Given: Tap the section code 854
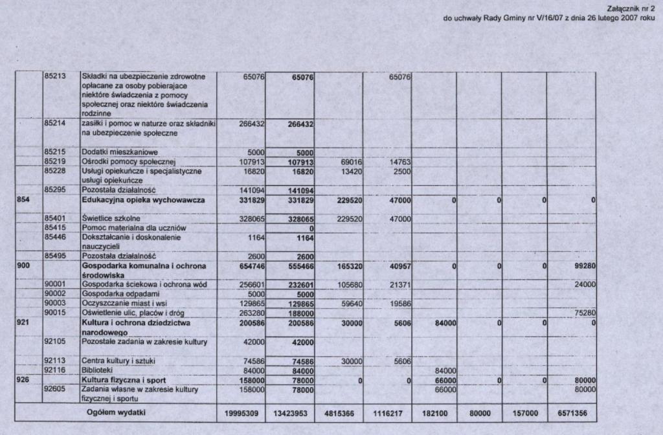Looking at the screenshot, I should pyautogui.click(x=23, y=201).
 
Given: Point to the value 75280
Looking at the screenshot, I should pyautogui.click(x=583, y=313).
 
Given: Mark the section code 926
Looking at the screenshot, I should pyautogui.click(x=23, y=380).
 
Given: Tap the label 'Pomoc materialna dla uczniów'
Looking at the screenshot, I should pyautogui.click(x=133, y=229).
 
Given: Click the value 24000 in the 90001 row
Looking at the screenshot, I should pyautogui.click(x=583, y=285).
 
